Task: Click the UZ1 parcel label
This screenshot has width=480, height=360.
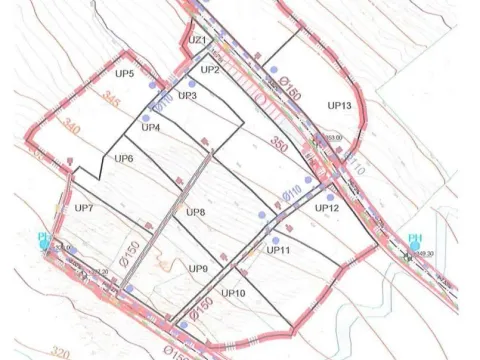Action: click(196, 40)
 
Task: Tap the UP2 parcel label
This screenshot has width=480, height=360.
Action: click(209, 70)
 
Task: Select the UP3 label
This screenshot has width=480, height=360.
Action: click(187, 95)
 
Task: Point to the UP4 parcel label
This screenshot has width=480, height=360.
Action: click(151, 127)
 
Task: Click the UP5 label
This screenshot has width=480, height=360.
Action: click(138, 74)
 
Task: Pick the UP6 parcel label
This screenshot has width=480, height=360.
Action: click(124, 159)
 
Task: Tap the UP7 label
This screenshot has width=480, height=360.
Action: click(84, 208)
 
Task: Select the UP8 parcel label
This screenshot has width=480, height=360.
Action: click(195, 213)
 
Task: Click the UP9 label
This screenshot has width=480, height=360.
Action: click(198, 269)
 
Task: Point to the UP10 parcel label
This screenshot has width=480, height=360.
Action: click(233, 293)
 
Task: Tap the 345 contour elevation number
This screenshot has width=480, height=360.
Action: click(111, 101)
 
